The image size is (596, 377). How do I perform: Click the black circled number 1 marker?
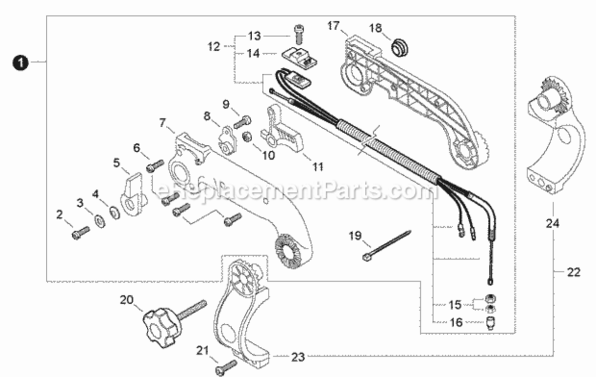(x=21, y=62)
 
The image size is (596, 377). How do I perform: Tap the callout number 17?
(x=333, y=26)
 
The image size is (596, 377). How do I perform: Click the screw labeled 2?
(x=80, y=233)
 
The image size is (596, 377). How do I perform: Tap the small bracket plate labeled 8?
(x=227, y=141)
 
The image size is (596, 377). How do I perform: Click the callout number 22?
(x=573, y=272)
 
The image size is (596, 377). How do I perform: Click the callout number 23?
(x=298, y=357)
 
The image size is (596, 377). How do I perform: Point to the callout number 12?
(x=214, y=46)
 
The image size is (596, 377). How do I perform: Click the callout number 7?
(x=163, y=123)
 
